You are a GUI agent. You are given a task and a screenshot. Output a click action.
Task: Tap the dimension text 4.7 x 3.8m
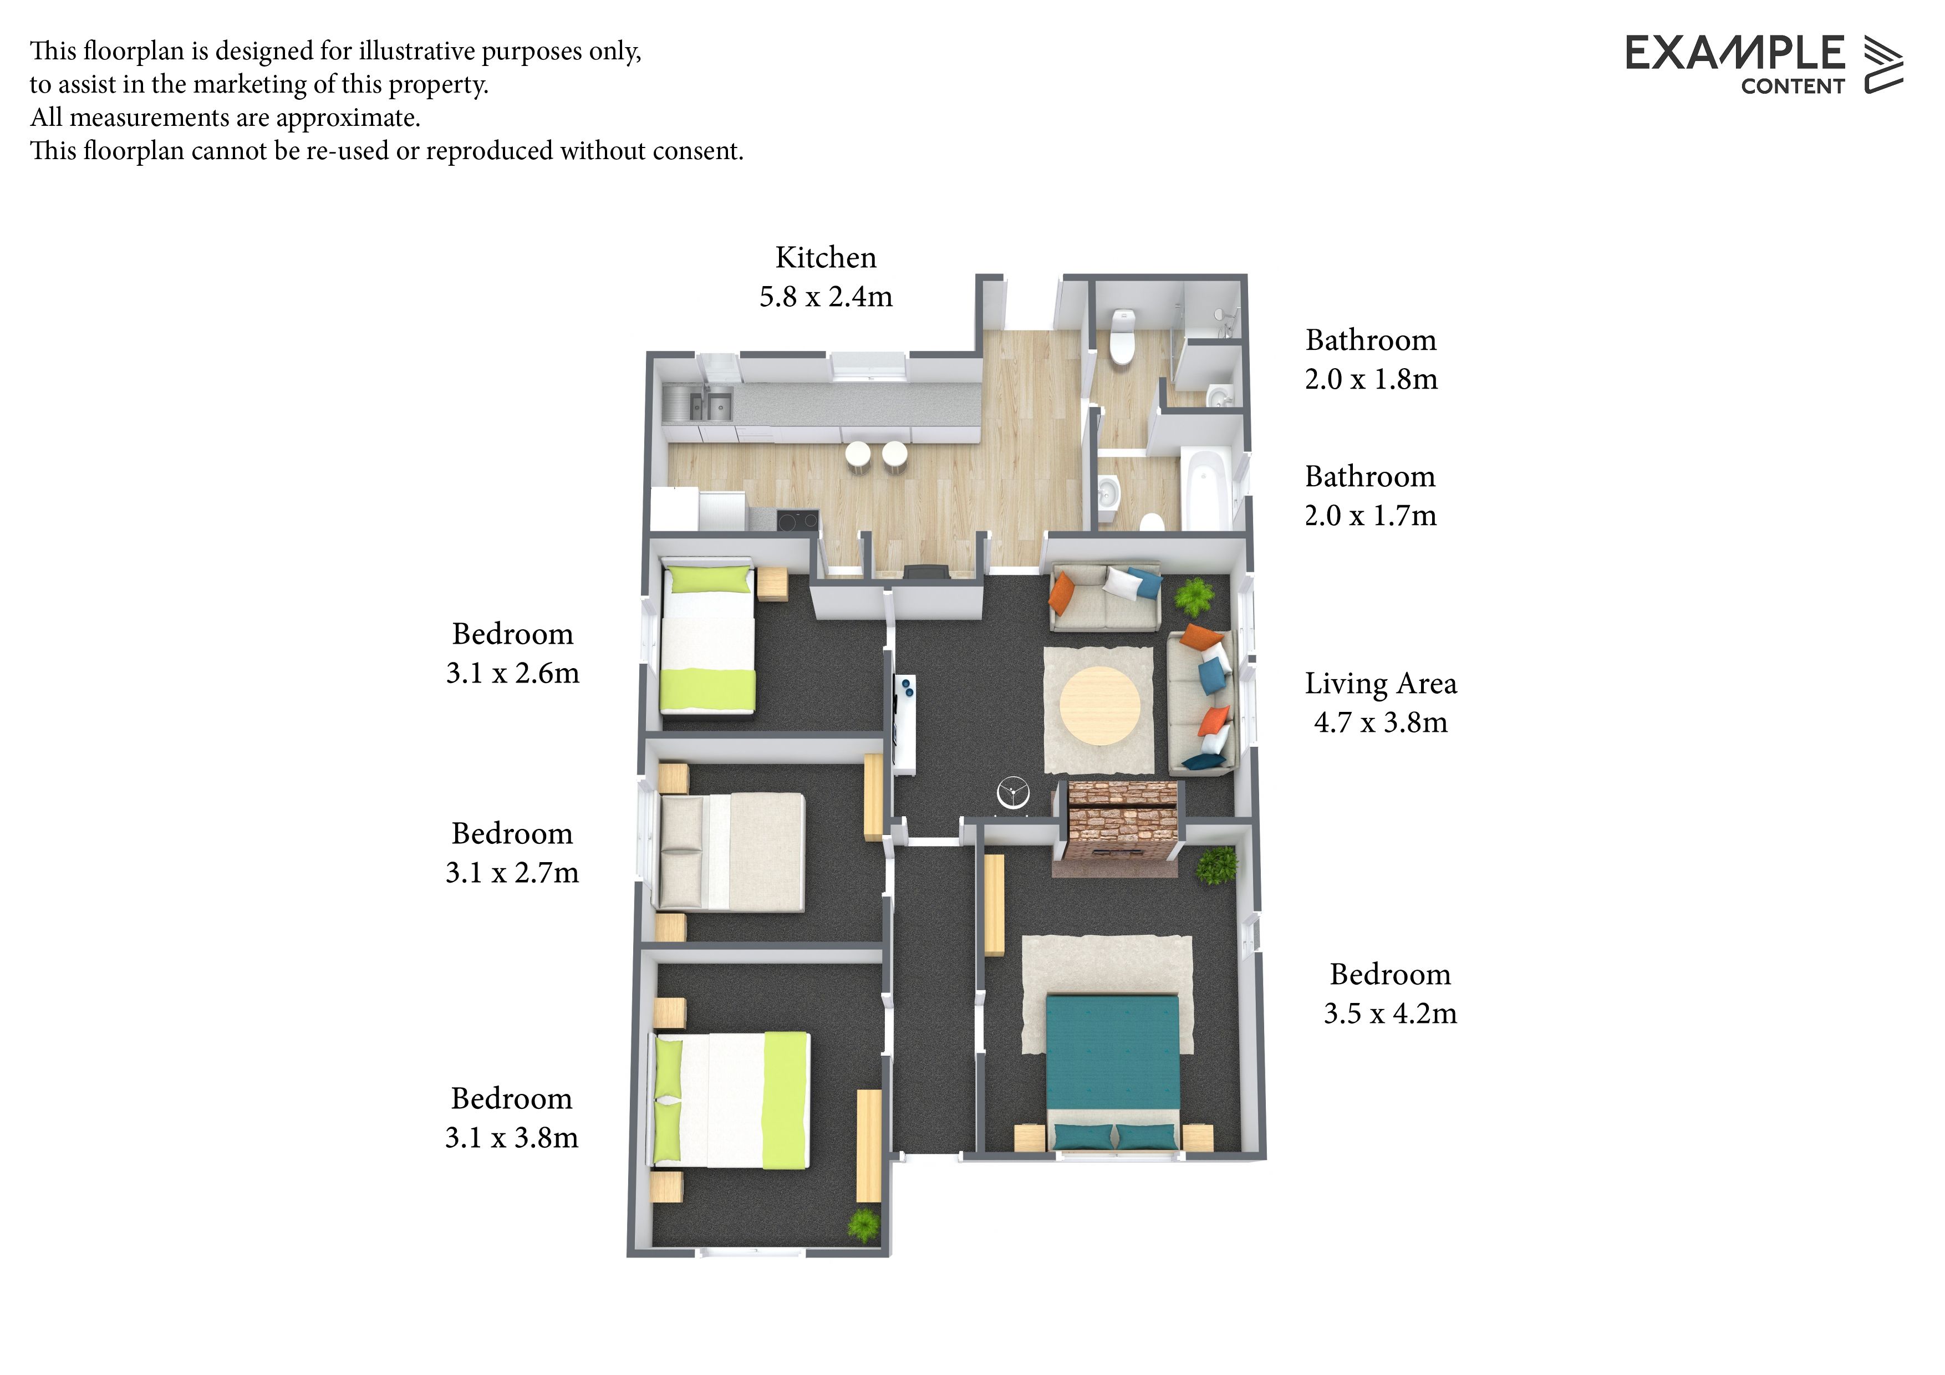(1381, 722)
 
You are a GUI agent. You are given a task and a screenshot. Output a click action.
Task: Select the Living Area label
(1381, 684)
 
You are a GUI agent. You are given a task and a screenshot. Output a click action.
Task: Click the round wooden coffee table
(1099, 706)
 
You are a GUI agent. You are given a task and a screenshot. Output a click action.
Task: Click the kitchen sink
(698, 404)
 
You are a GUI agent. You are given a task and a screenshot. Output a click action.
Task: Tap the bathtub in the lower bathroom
(1206, 488)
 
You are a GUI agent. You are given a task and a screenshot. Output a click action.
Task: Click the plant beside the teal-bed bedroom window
(1218, 865)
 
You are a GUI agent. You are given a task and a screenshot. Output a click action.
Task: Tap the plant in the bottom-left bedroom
(863, 1225)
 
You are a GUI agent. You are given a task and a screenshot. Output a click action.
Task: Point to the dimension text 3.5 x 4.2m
(1390, 1014)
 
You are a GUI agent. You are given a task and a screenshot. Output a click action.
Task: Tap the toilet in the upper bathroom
(1122, 337)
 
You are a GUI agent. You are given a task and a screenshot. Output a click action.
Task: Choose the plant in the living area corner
(1194, 597)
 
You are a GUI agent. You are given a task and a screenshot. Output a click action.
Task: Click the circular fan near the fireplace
(1012, 795)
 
